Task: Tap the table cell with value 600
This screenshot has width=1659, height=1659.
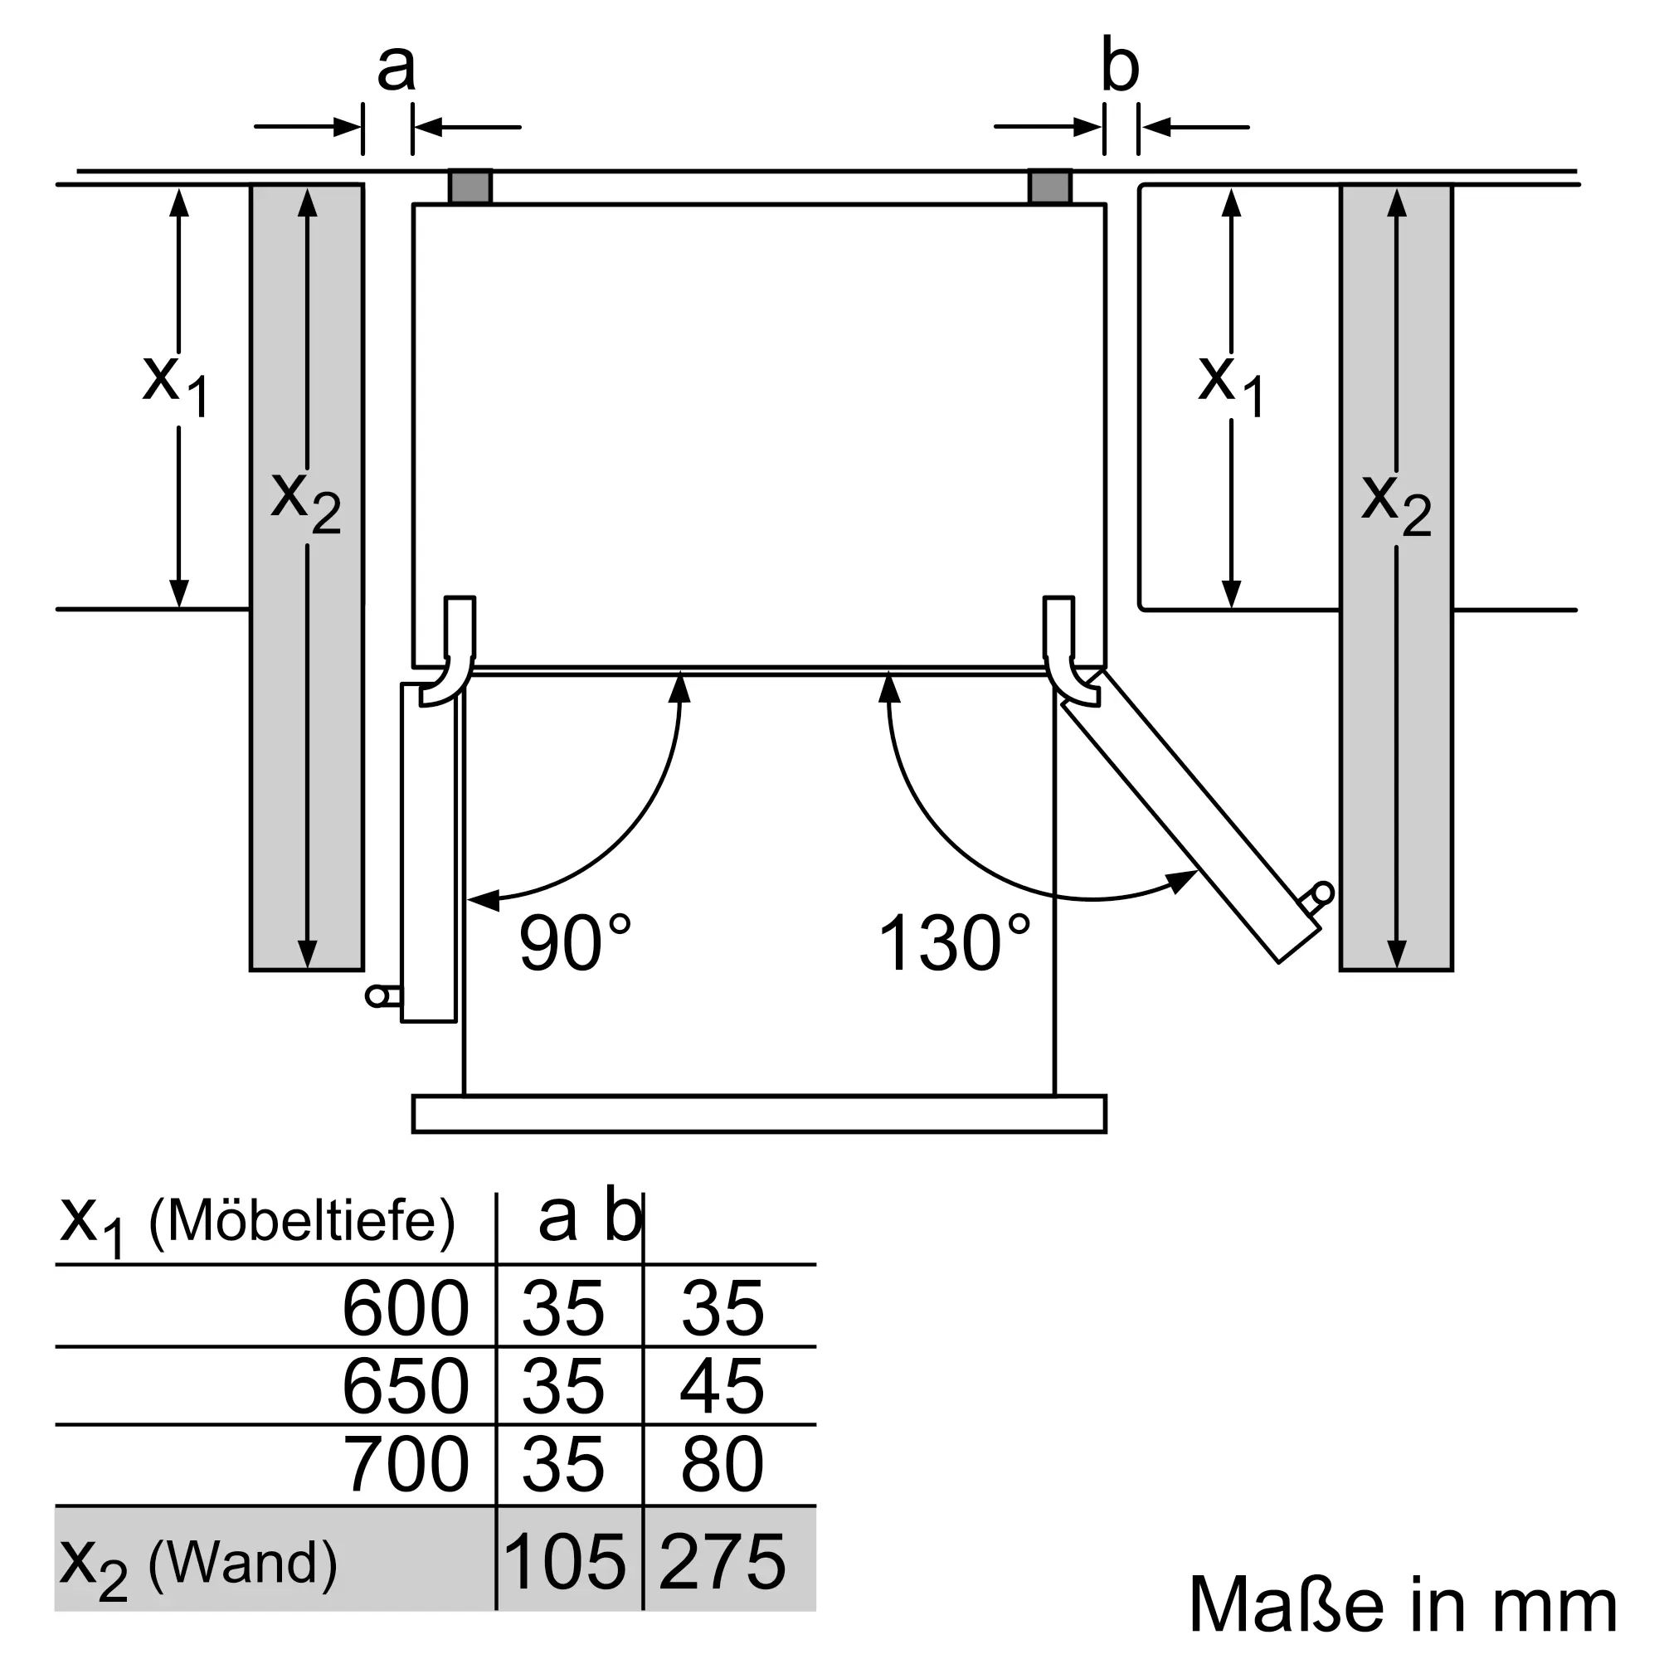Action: click(x=406, y=1308)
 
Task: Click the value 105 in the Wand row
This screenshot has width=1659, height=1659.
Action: click(x=565, y=1561)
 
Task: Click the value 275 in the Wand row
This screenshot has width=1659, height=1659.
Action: click(x=722, y=1561)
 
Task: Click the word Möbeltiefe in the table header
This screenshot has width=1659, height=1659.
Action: click(x=301, y=1221)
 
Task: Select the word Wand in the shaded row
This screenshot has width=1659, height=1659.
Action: click(x=242, y=1563)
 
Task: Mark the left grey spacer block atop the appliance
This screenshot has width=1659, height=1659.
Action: click(x=469, y=187)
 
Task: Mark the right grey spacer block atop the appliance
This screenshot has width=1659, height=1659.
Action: click(x=1050, y=187)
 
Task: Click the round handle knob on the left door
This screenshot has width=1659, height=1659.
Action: click(x=376, y=996)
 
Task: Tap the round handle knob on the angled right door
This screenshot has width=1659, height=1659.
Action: click(x=1323, y=893)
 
